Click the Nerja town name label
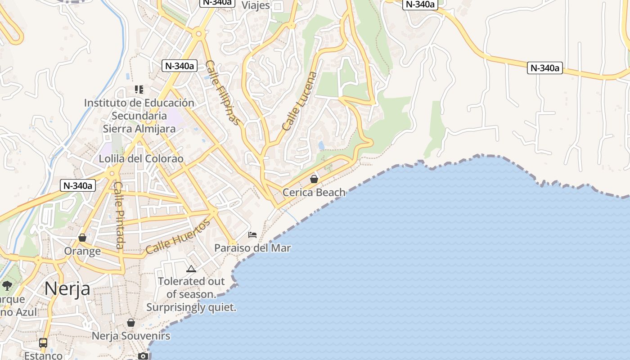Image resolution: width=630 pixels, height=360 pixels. [x=67, y=288]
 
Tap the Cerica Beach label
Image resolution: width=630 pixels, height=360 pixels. [x=314, y=193]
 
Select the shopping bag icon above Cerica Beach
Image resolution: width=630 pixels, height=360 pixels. [x=314, y=179]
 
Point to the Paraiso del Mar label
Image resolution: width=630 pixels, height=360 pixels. [x=252, y=248]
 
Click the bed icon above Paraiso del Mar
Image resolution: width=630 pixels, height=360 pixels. [x=252, y=235]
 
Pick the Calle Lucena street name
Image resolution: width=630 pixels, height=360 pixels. [x=300, y=101]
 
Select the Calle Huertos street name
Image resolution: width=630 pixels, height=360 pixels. [x=178, y=237]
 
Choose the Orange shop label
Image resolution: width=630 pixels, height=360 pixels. [x=82, y=251]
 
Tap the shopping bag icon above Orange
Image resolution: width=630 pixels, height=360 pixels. [x=82, y=237]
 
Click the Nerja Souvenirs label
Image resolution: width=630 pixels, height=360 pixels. [x=131, y=336]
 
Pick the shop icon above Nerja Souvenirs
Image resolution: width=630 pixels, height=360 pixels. [x=131, y=323]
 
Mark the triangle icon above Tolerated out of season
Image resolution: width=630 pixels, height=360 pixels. [x=191, y=269]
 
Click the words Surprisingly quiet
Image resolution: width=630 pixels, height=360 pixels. [x=191, y=308]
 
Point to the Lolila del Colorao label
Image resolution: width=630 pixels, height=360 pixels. [x=141, y=159]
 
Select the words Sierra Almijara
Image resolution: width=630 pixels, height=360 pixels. [x=139, y=129]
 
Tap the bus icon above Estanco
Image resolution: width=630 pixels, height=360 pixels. [x=43, y=342]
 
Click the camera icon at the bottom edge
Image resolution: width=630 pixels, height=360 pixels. [x=143, y=356]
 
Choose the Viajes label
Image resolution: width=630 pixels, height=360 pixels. [x=256, y=5]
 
